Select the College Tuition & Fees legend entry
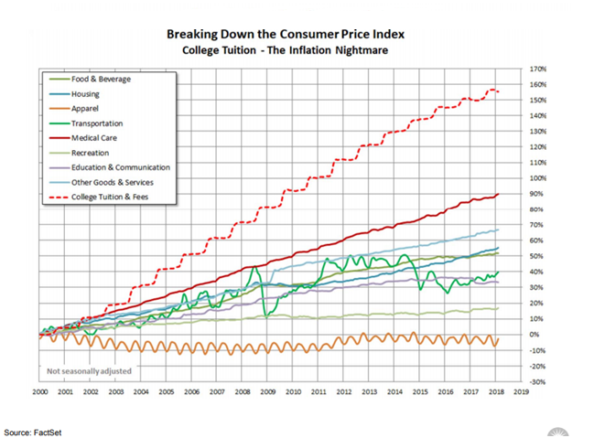click(109, 197)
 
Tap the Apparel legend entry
click(85, 109)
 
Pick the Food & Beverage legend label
click(101, 80)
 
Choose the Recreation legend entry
click(90, 153)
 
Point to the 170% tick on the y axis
click(539, 69)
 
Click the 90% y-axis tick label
click(537, 194)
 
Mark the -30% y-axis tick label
click(537, 381)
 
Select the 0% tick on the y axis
click(535, 335)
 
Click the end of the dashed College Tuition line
click(498, 91)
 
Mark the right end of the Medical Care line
click(499, 194)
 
